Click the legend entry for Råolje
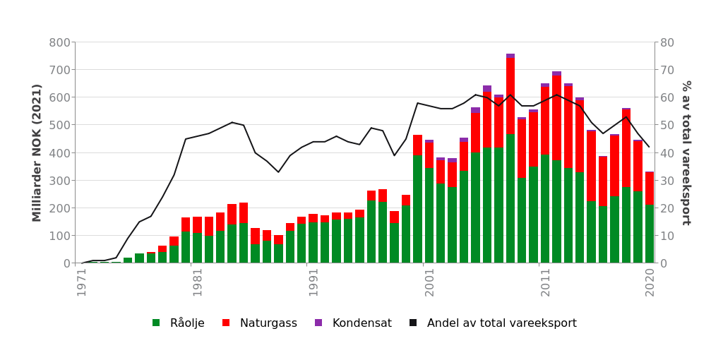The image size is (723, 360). [x=178, y=323]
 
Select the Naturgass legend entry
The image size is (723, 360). [x=259, y=323]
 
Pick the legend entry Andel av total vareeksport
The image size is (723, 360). [x=493, y=323]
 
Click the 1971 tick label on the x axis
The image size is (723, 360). [x=82, y=282]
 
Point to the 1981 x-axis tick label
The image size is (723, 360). [x=198, y=282]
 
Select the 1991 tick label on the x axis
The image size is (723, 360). [x=313, y=282]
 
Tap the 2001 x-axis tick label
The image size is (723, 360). [x=429, y=282]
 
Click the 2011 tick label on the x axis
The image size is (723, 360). [x=545, y=282]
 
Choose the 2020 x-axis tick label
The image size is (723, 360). [x=650, y=282]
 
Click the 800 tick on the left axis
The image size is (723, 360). [x=59, y=42]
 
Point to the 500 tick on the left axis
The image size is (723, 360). [x=59, y=125]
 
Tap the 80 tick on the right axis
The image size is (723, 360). [x=667, y=42]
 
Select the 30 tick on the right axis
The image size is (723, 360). [x=667, y=181]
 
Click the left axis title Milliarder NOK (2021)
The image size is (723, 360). [x=37, y=152]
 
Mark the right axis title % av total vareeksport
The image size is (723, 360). [x=686, y=152]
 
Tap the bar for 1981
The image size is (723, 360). [x=198, y=240]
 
